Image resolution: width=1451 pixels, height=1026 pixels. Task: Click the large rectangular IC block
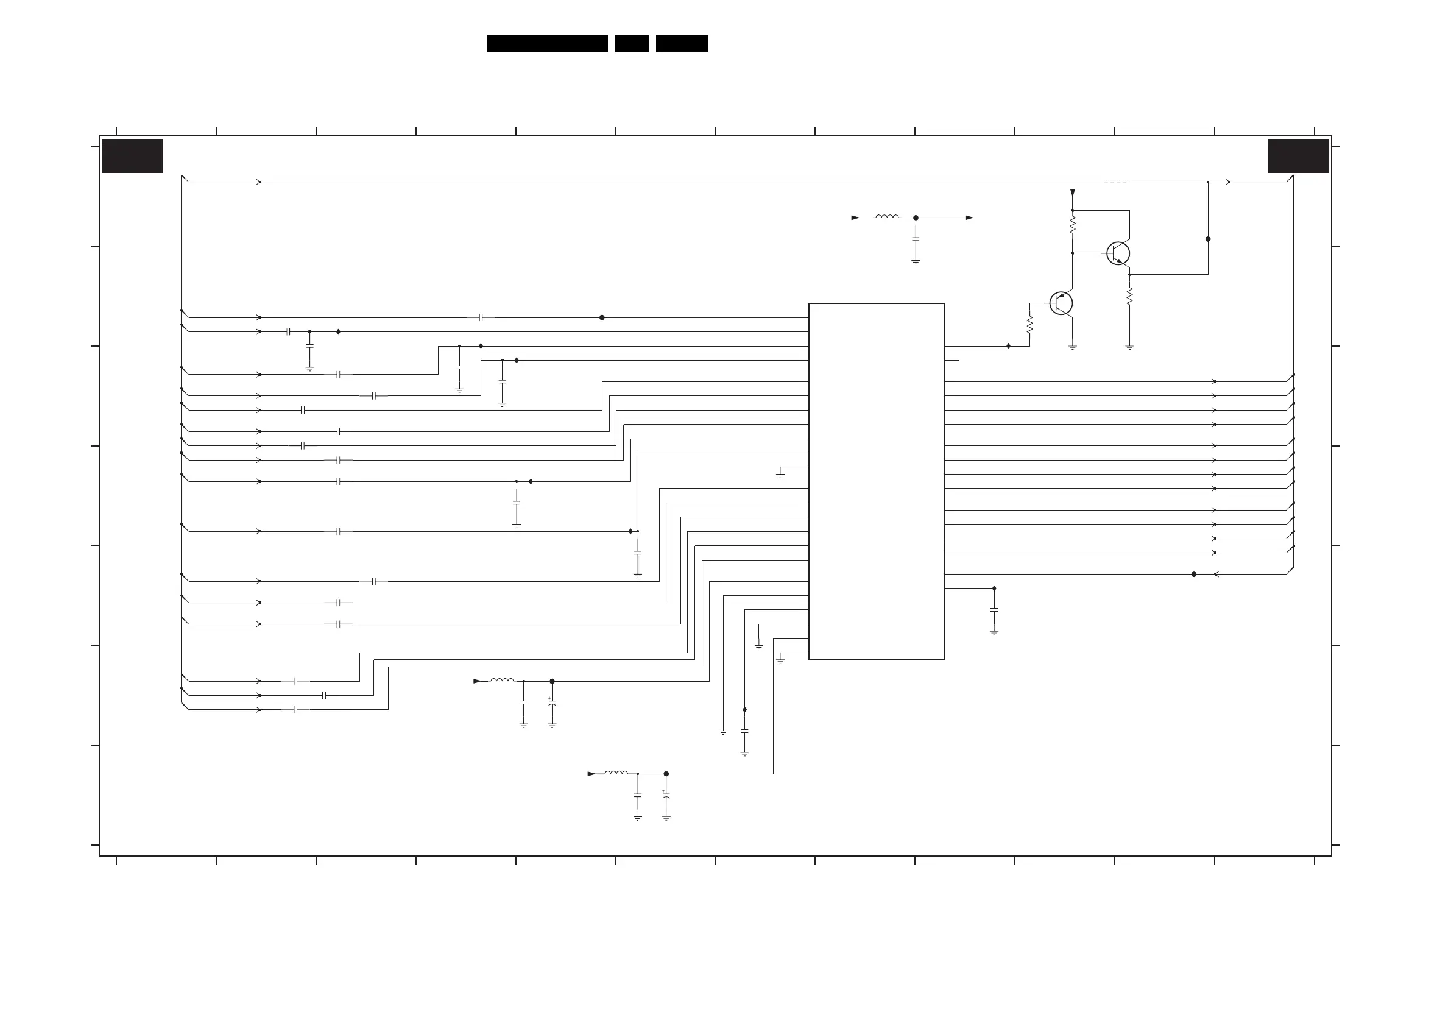pos(876,481)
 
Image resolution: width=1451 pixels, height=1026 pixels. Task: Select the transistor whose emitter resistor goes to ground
pos(1118,253)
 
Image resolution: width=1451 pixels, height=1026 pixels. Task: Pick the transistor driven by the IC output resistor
pos(1061,303)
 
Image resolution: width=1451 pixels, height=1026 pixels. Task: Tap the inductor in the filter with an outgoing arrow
pos(887,217)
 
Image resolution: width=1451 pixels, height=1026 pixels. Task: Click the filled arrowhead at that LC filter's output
pos(969,218)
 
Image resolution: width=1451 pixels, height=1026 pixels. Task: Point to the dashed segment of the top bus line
pos(1115,182)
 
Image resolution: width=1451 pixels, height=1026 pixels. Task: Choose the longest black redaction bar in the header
pos(546,43)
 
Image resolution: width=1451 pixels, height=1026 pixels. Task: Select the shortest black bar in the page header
pos(631,43)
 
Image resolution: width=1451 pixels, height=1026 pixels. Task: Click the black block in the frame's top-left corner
pos(132,155)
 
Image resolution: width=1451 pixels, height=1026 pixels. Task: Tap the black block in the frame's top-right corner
pos(1298,155)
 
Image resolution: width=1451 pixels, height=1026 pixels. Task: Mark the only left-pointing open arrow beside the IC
pos(1216,574)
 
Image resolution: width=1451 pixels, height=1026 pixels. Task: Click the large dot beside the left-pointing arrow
pos(1194,574)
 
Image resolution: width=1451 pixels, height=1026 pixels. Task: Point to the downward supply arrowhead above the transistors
pos(1073,192)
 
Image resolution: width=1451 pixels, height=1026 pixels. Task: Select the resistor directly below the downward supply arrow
pos(1073,224)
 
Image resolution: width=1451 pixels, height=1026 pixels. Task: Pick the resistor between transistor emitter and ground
pos(1129,296)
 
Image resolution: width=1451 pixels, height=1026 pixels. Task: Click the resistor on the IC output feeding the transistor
pos(1029,324)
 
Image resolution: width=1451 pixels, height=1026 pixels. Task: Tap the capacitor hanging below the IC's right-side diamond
pos(994,610)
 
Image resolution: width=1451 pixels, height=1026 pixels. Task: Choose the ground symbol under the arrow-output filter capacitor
pos(916,261)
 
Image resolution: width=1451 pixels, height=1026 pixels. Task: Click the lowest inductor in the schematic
pos(616,773)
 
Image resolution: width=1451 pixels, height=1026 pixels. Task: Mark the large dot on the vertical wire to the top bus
pos(1208,239)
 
